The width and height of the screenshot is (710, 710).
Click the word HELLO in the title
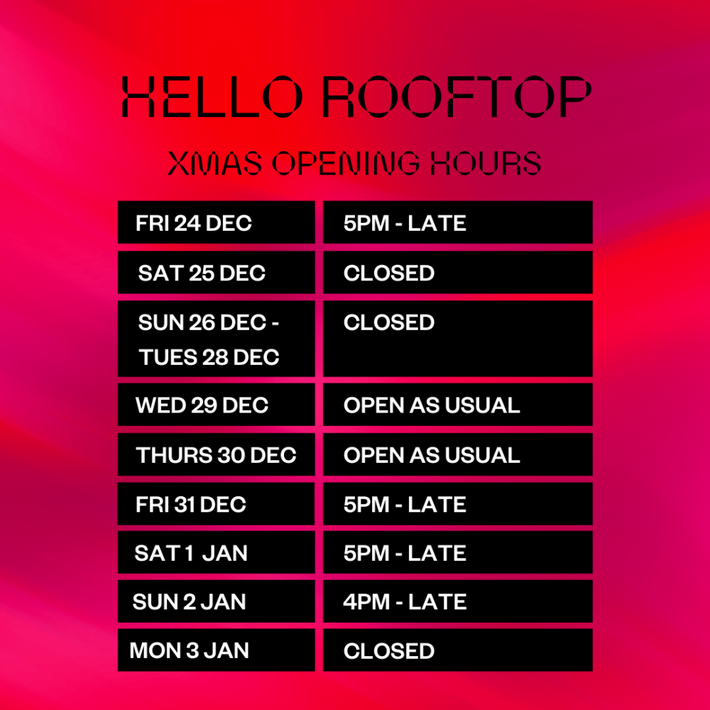(212, 97)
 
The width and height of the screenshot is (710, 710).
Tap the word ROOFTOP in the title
(457, 97)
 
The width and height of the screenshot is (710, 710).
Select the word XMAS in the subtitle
(214, 163)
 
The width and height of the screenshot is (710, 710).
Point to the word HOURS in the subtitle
(486, 163)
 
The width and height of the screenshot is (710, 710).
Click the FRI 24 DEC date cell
(217, 222)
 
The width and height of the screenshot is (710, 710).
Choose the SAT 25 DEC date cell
(217, 273)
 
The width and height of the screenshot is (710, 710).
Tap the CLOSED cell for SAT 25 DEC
(458, 273)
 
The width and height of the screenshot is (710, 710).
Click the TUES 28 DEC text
(209, 357)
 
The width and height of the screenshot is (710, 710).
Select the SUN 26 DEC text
(202, 322)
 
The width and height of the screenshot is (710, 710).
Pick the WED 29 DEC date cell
(217, 405)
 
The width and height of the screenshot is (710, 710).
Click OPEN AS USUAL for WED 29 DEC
(458, 405)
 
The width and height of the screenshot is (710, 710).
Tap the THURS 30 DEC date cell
(217, 454)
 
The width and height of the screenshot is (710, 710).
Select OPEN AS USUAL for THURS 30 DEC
(458, 454)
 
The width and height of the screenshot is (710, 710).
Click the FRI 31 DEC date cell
(217, 504)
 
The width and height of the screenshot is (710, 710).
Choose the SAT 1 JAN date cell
(217, 553)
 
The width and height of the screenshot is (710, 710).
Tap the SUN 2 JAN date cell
(217, 602)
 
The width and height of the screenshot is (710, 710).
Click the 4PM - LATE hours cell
(458, 602)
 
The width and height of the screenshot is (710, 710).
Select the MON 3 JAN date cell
(217, 650)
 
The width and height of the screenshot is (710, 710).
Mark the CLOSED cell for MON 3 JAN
(458, 650)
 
